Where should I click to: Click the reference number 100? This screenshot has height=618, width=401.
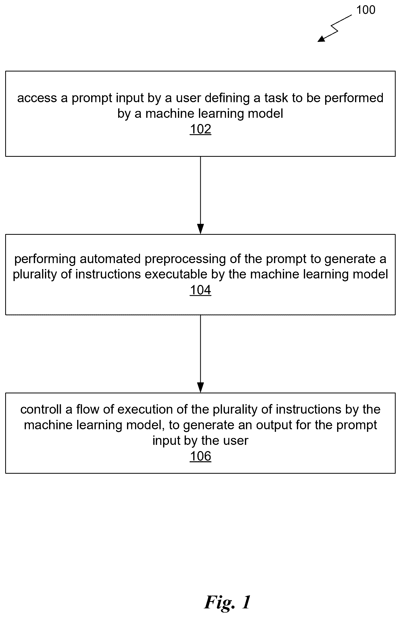(x=366, y=10)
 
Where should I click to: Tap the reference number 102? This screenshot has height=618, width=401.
(x=200, y=129)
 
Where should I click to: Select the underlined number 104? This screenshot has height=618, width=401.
(x=200, y=290)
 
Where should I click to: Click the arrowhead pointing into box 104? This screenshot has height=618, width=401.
(x=200, y=229)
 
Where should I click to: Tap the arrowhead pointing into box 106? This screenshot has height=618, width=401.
(x=200, y=388)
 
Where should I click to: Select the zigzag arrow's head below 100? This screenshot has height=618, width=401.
(x=322, y=39)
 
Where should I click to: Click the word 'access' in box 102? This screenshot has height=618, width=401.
(x=37, y=98)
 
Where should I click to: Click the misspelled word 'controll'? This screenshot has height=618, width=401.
(x=41, y=409)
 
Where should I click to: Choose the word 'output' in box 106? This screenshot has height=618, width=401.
(x=275, y=425)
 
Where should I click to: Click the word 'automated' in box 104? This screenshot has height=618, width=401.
(x=110, y=259)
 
